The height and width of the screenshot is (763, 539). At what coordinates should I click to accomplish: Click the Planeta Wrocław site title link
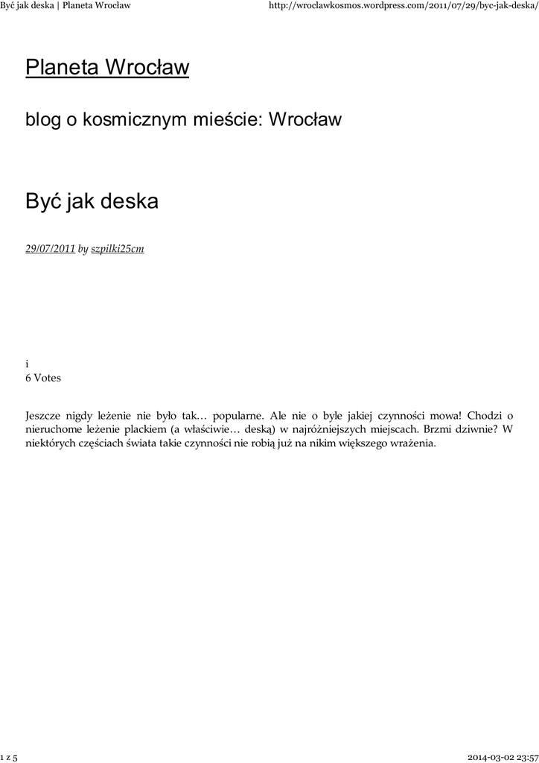pyautogui.click(x=107, y=68)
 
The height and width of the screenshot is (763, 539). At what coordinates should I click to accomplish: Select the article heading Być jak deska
pyautogui.click(x=92, y=201)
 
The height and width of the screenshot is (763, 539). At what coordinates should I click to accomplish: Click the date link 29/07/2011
pyautogui.click(x=50, y=249)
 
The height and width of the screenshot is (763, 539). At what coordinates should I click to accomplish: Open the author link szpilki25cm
pyautogui.click(x=117, y=249)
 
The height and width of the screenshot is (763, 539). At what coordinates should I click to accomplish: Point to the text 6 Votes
pyautogui.click(x=43, y=378)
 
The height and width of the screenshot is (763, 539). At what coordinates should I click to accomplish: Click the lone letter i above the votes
pyautogui.click(x=27, y=364)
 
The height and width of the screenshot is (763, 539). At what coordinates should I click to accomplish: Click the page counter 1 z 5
pyautogui.click(x=10, y=757)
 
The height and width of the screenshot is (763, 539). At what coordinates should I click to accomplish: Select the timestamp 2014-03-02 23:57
pyautogui.click(x=503, y=757)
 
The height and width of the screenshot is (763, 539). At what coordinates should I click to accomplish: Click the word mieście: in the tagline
pyautogui.click(x=227, y=119)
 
